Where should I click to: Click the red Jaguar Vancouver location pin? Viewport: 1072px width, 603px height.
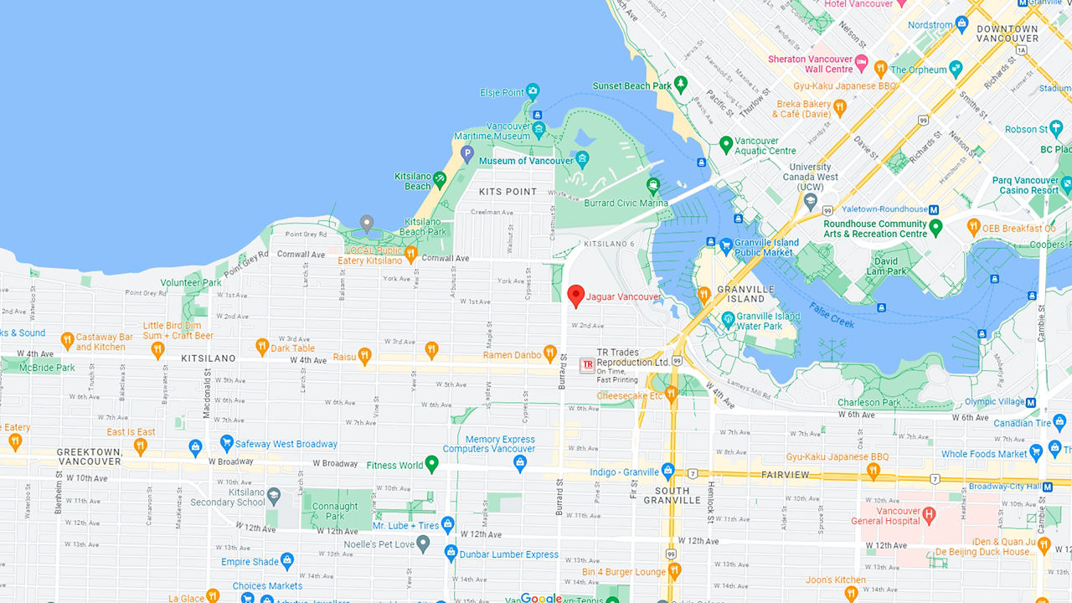[575, 296]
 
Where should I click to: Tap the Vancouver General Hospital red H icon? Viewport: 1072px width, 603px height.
[928, 513]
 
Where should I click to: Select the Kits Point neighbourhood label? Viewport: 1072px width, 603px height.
[508, 192]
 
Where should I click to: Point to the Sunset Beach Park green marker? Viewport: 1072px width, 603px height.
[681, 84]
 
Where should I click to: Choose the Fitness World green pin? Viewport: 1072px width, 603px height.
[432, 463]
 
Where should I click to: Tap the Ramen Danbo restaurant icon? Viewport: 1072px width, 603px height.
[550, 353]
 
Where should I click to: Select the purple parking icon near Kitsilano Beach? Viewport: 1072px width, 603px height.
[467, 153]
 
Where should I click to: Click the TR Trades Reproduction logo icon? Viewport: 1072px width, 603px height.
[587, 364]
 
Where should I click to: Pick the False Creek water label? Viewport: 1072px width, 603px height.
[832, 315]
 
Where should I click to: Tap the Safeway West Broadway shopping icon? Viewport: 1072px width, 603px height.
[226, 443]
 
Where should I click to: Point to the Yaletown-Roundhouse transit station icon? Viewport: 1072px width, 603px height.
[934, 209]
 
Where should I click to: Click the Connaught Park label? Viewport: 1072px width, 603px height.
[335, 511]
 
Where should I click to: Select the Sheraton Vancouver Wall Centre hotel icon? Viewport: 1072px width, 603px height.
[861, 60]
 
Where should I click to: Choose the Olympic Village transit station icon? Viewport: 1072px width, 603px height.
[1031, 402]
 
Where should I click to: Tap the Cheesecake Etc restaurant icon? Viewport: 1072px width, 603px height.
[671, 394]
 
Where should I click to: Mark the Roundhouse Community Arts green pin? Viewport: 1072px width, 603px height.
[936, 226]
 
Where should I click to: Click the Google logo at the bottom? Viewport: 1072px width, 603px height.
[541, 598]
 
